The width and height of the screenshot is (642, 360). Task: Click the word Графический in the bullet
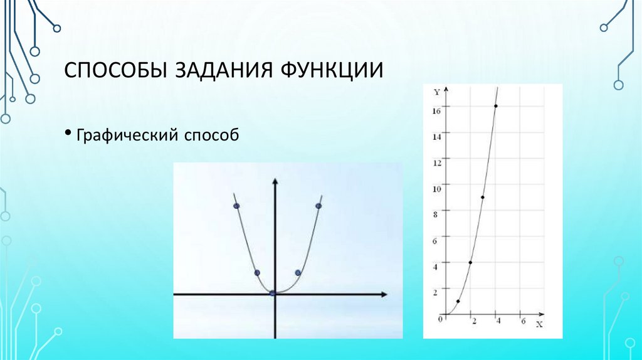click(127, 135)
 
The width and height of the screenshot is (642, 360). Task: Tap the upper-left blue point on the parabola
click(236, 206)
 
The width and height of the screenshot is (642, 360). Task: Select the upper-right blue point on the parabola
click(318, 206)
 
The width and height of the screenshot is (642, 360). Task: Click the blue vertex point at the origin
click(273, 293)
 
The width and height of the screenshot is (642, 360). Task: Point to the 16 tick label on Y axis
click(436, 110)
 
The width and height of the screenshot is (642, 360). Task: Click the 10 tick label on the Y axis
click(436, 188)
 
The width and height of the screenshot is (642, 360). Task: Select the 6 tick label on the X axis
click(523, 321)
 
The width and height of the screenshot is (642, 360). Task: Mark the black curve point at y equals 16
click(496, 106)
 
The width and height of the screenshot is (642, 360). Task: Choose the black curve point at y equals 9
click(482, 198)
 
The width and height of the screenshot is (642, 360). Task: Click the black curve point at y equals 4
click(470, 262)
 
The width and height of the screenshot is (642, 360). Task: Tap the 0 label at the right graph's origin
click(440, 319)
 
